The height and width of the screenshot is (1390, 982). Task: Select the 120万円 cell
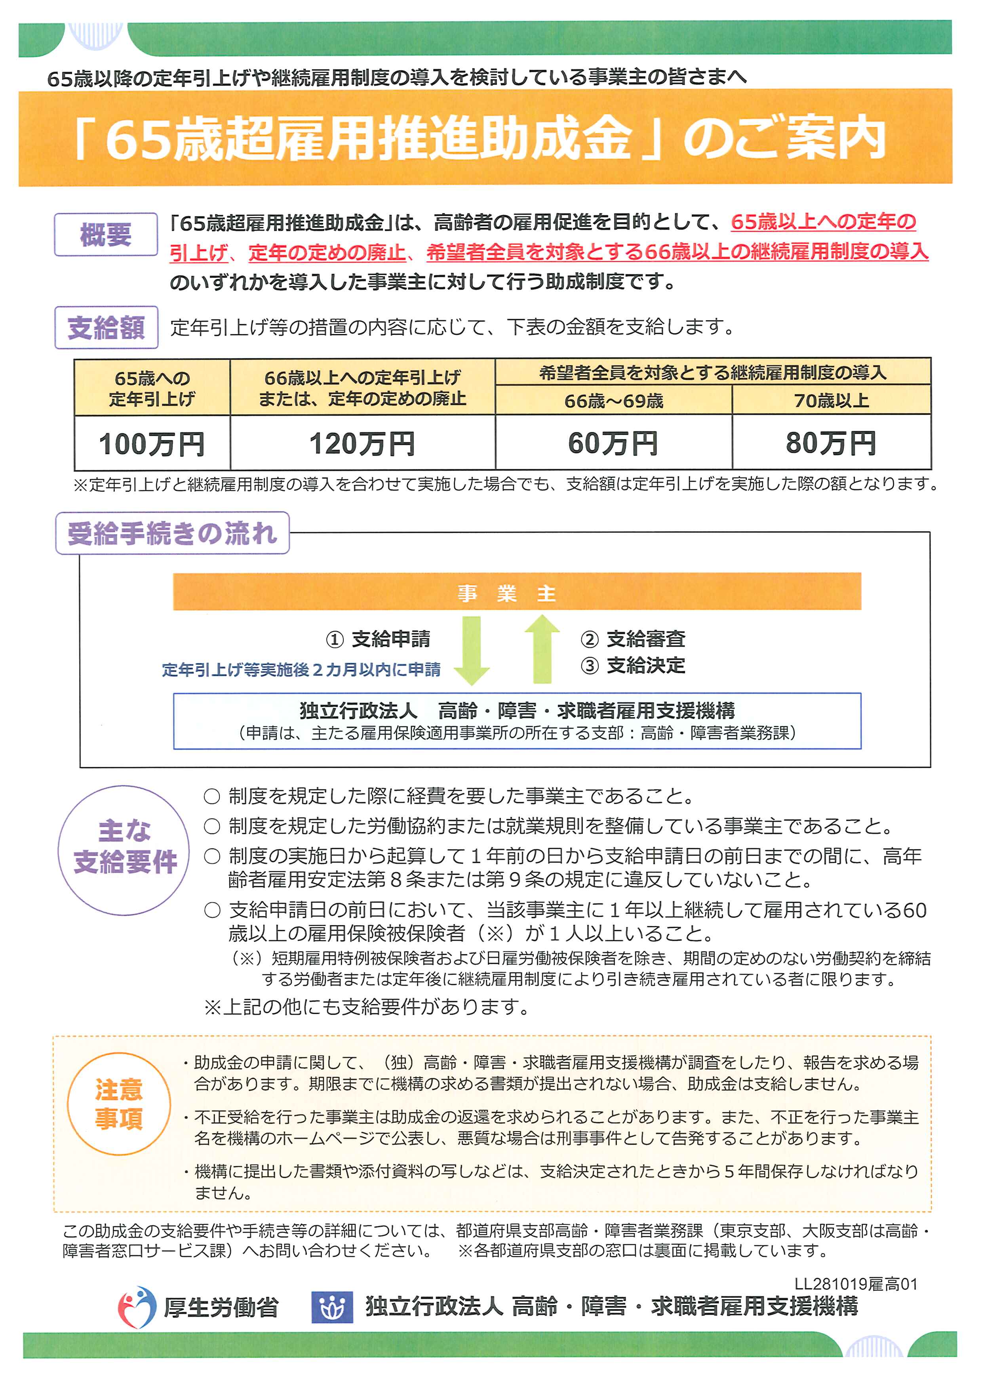pyautogui.click(x=362, y=444)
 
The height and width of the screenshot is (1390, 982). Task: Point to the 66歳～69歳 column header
pyautogui.click(x=613, y=401)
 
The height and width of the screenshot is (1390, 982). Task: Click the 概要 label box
pyautogui.click(x=106, y=234)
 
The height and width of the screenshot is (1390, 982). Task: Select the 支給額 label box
pyautogui.click(x=106, y=328)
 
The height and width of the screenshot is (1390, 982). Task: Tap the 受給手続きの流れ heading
pyautogui.click(x=172, y=533)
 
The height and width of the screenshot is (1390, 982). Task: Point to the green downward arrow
pyautogui.click(x=471, y=649)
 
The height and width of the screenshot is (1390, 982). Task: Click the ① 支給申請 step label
pyautogui.click(x=378, y=639)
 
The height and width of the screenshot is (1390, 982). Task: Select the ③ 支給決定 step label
pyautogui.click(x=633, y=665)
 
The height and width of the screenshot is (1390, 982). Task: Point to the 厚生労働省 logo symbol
pyautogui.click(x=137, y=1306)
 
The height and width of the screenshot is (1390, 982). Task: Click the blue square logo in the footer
pyautogui.click(x=331, y=1308)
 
